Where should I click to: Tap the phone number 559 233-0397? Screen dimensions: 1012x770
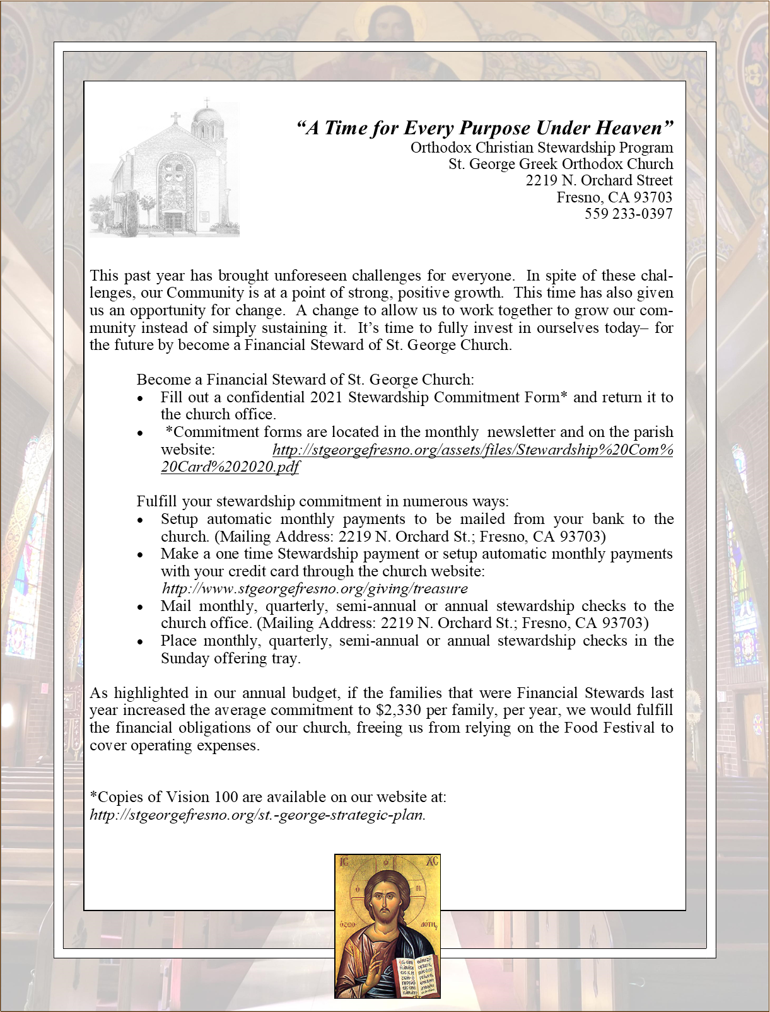pos(628,214)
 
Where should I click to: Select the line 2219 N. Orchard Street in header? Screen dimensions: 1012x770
pos(599,180)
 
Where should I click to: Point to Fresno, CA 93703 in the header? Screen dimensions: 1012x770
pos(614,197)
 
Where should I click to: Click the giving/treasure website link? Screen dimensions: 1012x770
pos(315,588)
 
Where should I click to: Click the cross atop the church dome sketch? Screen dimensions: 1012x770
pos(207,103)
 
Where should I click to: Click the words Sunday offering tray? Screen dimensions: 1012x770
pos(230,658)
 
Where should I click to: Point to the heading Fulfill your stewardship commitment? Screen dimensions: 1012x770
pos(322,502)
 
